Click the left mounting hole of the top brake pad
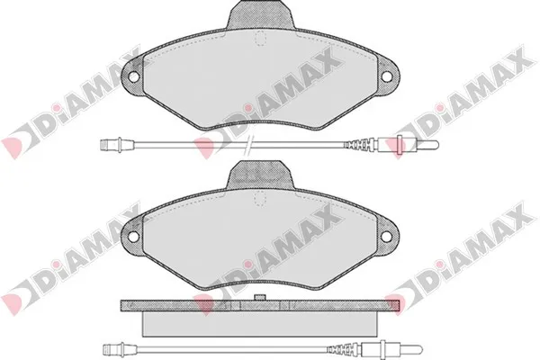[x=133, y=76]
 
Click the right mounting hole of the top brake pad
[x=387, y=76]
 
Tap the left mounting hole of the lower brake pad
[x=133, y=236]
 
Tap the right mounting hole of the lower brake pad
[x=387, y=236]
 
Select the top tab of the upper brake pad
[x=261, y=14]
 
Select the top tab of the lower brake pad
[x=261, y=175]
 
